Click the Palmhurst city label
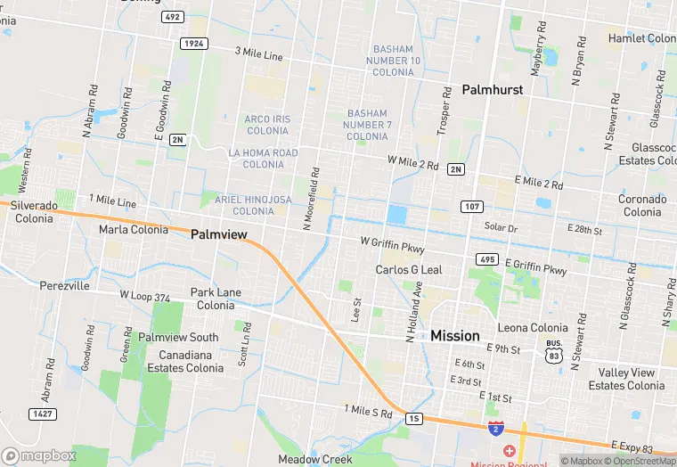[x=492, y=89]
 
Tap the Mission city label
[x=455, y=336]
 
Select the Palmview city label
[x=219, y=233]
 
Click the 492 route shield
[x=173, y=17]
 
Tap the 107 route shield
[x=472, y=206]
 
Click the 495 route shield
[x=486, y=258]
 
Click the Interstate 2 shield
[x=494, y=429]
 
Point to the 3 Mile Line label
[x=258, y=55]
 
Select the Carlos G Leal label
[x=408, y=269]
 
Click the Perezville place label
[x=64, y=286]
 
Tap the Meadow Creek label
[x=315, y=459]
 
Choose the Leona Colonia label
[x=532, y=328]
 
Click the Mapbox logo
[x=39, y=455]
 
